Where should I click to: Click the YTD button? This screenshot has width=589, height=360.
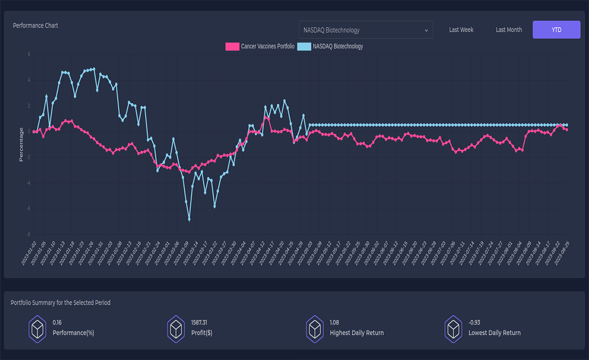(556, 30)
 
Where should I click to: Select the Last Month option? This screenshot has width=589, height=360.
(509, 30)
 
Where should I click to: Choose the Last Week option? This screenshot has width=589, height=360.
(461, 30)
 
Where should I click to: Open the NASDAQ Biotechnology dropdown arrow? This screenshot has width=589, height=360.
(426, 31)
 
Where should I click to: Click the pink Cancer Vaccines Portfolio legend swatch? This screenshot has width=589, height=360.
(232, 47)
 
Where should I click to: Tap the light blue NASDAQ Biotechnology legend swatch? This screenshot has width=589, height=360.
(304, 47)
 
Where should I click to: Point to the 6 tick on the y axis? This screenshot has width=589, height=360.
(29, 54)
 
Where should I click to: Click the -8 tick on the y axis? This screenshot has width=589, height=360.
(28, 234)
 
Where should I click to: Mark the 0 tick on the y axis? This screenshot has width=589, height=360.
(29, 131)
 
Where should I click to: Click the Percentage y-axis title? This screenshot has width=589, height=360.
(21, 145)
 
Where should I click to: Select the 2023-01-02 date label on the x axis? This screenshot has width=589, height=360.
(30, 253)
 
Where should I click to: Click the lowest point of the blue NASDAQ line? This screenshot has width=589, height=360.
(189, 219)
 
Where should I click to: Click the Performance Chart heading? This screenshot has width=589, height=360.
(35, 26)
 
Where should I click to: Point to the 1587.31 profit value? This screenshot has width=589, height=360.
(199, 323)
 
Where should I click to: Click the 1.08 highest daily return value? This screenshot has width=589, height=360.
(334, 323)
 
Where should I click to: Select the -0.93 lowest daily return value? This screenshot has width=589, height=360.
(474, 323)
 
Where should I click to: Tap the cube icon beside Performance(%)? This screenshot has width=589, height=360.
(38, 328)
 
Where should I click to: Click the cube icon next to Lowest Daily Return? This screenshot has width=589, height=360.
(454, 328)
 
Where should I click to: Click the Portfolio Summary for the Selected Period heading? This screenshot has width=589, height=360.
(60, 303)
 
